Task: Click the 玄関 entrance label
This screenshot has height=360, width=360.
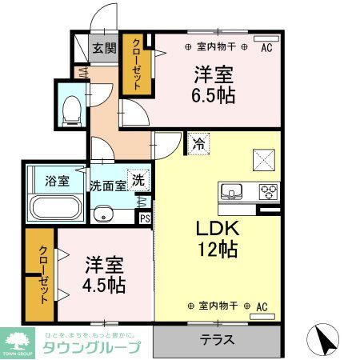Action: point(103,48)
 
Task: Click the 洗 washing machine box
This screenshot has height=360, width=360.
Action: point(138,181)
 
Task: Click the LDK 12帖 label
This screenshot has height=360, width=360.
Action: point(218,238)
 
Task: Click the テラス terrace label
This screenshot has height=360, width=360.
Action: point(218,340)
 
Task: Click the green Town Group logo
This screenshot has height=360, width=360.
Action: point(18,342)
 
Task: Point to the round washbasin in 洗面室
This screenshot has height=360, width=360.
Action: point(102,214)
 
